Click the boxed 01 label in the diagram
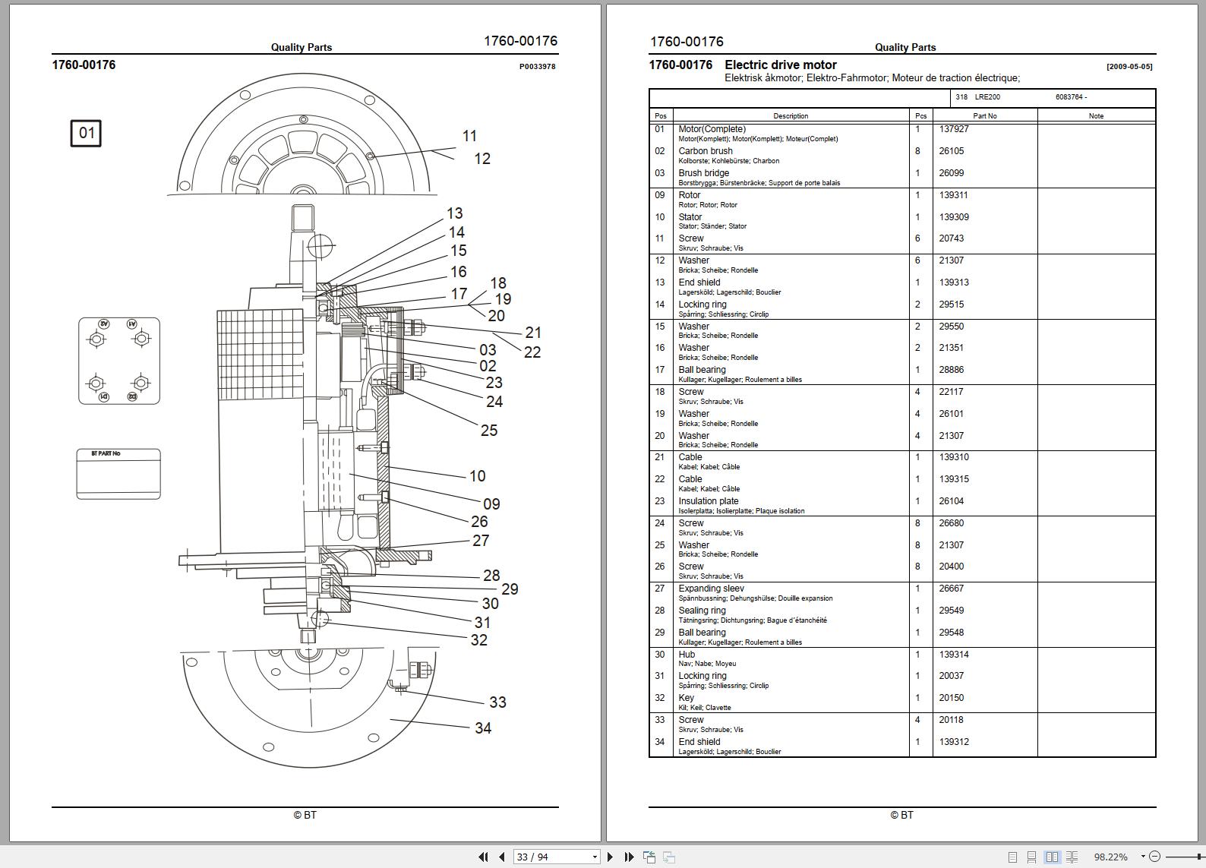point(86,134)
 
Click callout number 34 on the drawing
point(483,728)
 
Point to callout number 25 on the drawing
point(489,431)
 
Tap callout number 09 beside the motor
point(491,504)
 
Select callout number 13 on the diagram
point(454,214)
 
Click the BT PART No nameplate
point(118,474)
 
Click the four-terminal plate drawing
point(119,361)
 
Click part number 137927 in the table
point(954,129)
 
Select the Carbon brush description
point(706,151)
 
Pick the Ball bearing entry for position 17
point(702,370)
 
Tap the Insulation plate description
point(708,501)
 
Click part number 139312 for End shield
point(954,742)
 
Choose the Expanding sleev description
point(711,589)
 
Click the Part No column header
point(985,116)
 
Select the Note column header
point(1096,116)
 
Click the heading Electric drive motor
point(781,65)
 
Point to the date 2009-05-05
point(1129,67)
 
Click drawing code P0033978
point(537,67)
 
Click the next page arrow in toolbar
point(610,857)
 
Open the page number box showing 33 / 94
point(557,857)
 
